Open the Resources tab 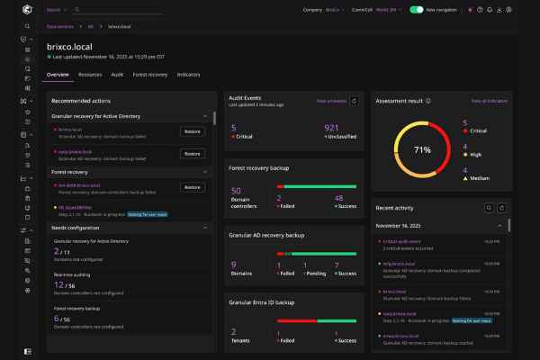[x=90, y=74]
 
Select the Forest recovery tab [x=150, y=74]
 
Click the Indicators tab [x=188, y=74]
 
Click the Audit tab [x=118, y=74]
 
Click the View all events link [x=330, y=102]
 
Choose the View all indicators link [x=488, y=102]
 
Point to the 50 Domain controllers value [x=236, y=191]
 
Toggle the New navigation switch [x=417, y=10]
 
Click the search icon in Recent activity [x=489, y=207]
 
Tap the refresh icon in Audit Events [x=355, y=102]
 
